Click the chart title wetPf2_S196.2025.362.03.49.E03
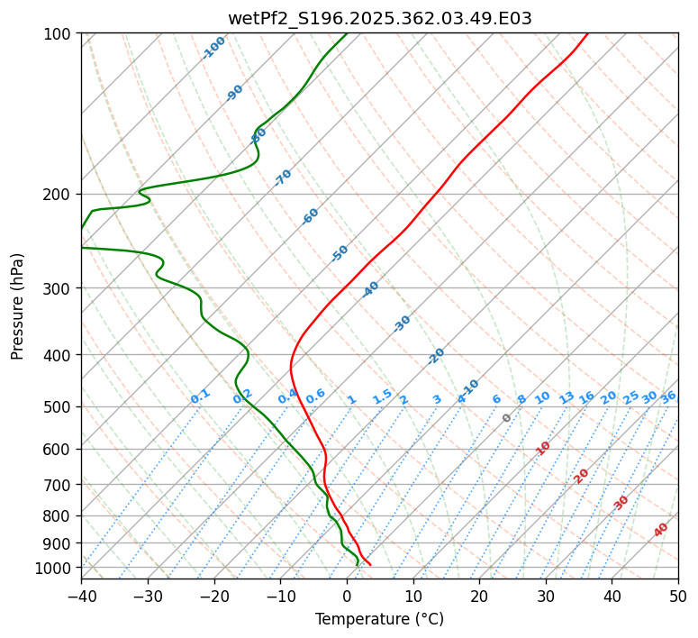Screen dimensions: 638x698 point(379,18)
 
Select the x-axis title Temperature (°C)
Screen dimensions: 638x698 point(379,619)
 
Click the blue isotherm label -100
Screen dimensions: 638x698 point(213,48)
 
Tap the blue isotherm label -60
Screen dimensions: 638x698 point(311,216)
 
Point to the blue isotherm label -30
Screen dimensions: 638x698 point(402,324)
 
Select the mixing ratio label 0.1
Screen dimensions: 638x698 point(200,396)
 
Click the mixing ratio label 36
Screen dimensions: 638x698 point(668,396)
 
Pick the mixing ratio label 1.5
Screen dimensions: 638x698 point(382,396)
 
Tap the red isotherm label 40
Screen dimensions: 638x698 point(661,530)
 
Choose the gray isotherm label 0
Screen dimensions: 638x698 point(507,418)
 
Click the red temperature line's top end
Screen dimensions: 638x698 point(587,33)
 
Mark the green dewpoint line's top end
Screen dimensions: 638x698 point(347,33)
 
